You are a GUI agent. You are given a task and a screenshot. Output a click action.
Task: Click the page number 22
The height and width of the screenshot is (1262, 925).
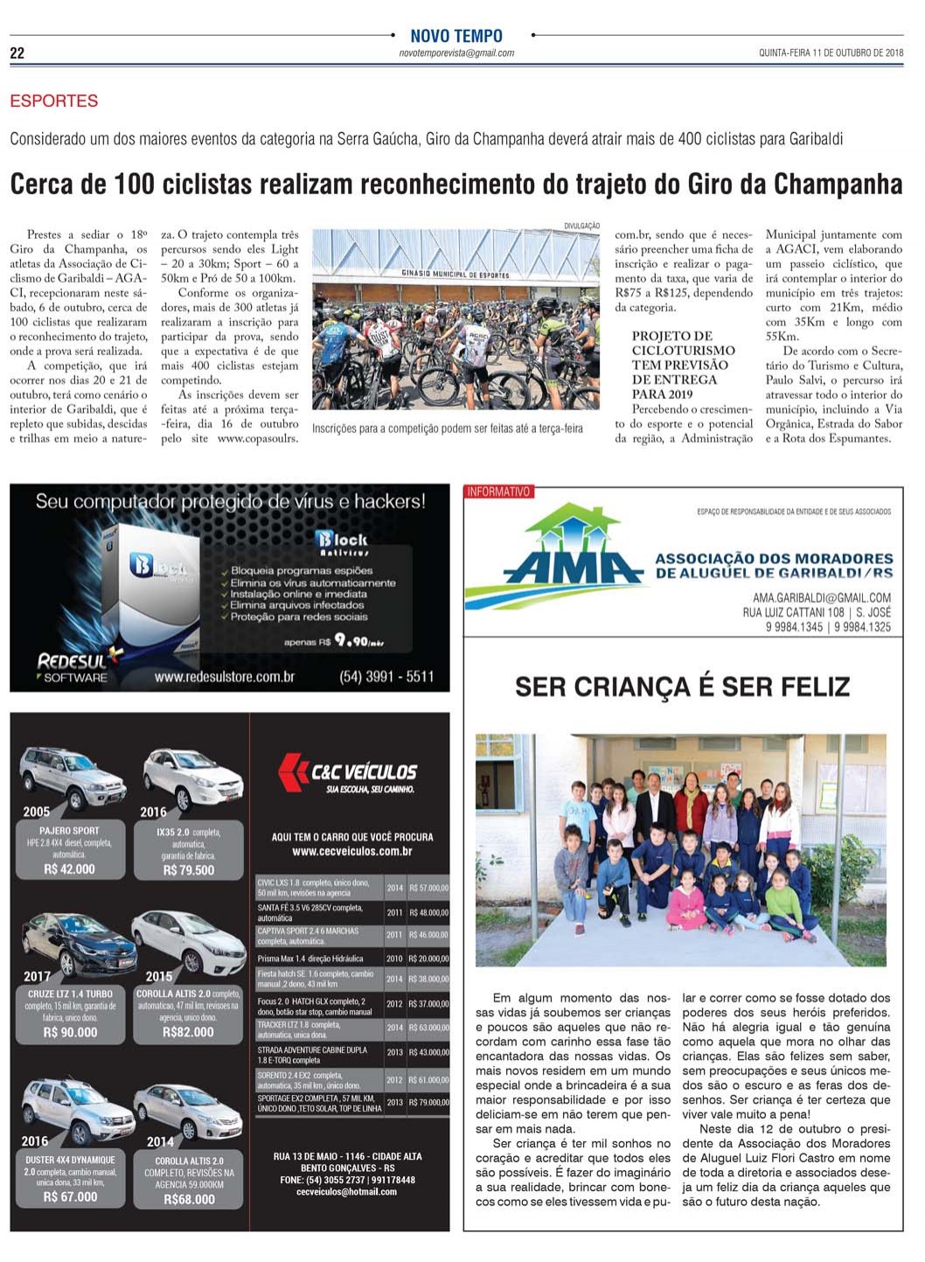tap(17, 53)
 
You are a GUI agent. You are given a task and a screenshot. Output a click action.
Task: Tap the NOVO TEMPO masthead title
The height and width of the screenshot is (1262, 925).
tap(456, 36)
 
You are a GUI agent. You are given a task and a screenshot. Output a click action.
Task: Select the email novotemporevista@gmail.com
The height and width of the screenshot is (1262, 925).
tap(456, 53)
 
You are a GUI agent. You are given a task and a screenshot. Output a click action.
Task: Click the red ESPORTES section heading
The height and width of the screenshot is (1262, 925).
tap(53, 101)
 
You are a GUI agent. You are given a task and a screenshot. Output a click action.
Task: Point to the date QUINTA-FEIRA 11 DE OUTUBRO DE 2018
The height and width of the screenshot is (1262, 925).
tap(831, 53)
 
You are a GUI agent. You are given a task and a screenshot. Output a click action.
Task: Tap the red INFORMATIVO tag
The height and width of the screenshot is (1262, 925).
tap(498, 492)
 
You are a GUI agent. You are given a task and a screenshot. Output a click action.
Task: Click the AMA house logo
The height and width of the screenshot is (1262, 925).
tap(573, 547)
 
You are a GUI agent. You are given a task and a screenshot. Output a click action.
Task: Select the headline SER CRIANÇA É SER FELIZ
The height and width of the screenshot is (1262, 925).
tap(682, 687)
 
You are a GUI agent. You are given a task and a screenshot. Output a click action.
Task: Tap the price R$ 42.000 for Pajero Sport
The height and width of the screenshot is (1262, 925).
tap(69, 869)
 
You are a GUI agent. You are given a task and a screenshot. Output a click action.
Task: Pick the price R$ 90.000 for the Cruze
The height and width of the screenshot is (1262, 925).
tap(70, 1033)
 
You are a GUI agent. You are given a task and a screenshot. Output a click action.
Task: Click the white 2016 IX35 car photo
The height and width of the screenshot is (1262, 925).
tap(193, 777)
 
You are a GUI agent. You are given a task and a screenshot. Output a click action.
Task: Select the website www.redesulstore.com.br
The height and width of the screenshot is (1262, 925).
tap(225, 677)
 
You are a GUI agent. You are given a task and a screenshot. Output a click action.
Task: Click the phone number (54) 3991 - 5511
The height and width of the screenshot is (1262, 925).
tap(386, 677)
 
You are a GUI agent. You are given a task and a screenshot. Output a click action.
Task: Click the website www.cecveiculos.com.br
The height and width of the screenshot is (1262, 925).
tap(351, 851)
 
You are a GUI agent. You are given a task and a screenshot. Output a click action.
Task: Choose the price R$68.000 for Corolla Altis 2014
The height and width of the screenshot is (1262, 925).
tap(189, 1200)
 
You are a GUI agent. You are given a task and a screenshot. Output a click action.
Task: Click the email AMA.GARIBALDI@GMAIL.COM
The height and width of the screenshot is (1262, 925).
tap(810, 598)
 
